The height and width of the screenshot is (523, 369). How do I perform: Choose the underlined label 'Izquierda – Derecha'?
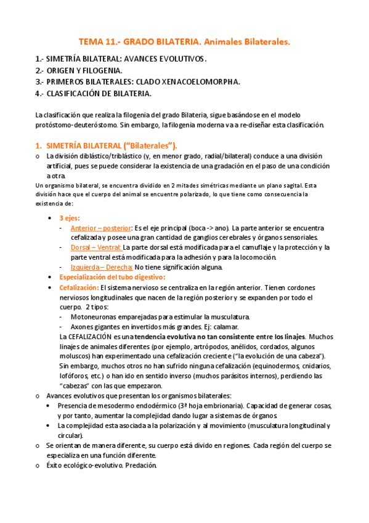click(x=102, y=267)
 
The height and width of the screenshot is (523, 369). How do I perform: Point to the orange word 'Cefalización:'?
click(x=79, y=287)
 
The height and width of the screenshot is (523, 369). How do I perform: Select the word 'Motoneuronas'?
click(x=94, y=316)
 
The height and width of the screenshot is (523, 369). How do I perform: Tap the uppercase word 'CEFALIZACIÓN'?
click(x=95, y=337)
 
